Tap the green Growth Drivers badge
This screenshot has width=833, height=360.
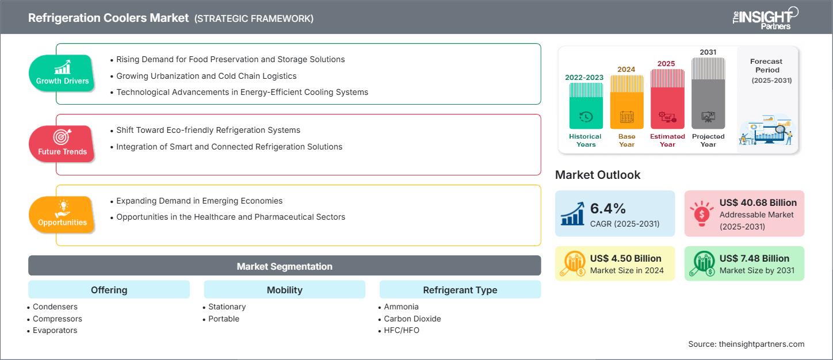62,72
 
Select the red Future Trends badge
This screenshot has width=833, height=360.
62,143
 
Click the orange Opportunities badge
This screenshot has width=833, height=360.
62,214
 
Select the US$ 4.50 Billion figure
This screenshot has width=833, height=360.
625,258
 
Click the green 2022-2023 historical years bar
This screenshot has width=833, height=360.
586,106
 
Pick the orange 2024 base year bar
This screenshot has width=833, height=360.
626,102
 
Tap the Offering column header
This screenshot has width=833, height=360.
109,290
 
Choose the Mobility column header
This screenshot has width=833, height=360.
284,290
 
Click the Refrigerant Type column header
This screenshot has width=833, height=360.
460,290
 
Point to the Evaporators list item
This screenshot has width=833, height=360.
55,330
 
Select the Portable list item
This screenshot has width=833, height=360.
224,319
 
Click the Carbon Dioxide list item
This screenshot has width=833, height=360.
412,319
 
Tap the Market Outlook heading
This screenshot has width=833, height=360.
598,175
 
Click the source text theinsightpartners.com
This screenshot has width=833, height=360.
746,344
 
